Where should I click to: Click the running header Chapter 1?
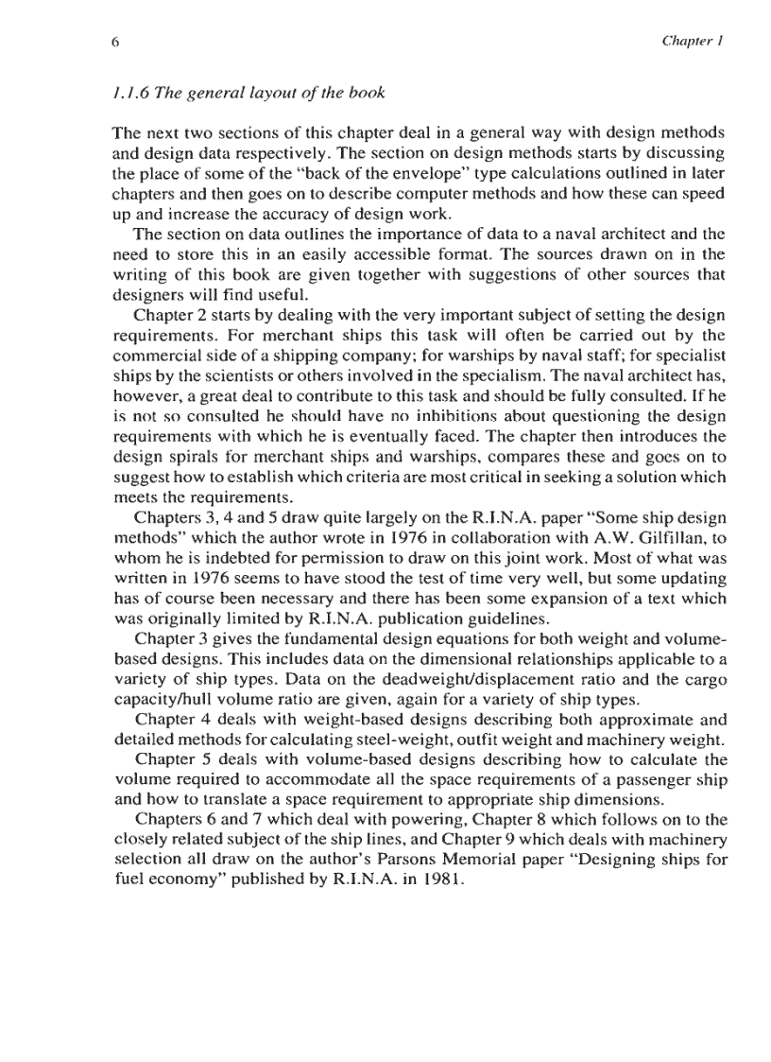pos(693,42)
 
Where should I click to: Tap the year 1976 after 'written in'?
pos(205,579)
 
